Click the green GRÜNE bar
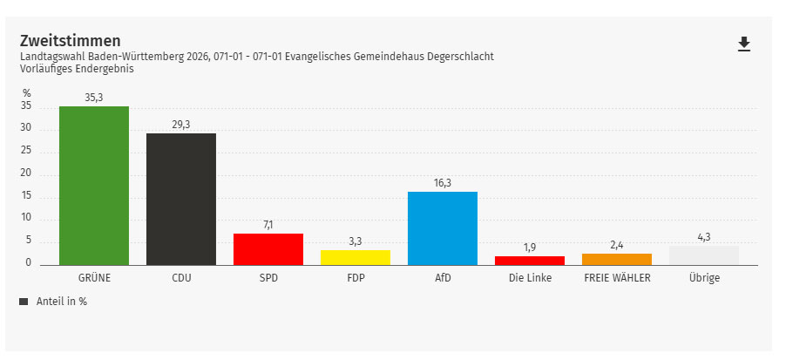point(94,186)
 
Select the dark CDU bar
point(181,199)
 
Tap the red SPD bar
point(268,249)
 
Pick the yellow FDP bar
point(356,257)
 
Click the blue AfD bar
point(443,228)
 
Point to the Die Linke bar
point(530,261)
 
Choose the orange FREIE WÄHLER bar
point(617,260)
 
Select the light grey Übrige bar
point(704,255)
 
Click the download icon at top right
point(743,44)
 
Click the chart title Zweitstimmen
point(70,41)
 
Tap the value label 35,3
point(94,98)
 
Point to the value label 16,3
point(443,183)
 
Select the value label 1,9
point(530,248)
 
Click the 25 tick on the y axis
point(26,151)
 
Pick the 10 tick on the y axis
point(26,218)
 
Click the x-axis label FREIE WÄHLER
point(617,278)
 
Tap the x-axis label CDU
point(181,278)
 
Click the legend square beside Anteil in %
point(24,302)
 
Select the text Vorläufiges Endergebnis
point(77,68)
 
